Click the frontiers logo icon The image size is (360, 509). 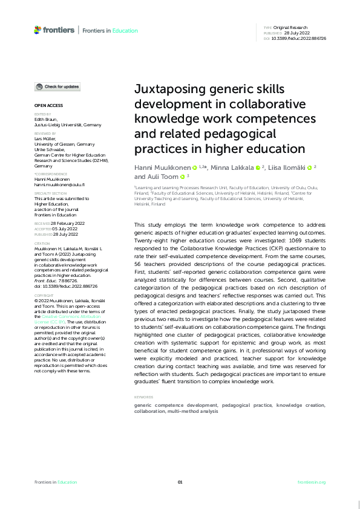38,30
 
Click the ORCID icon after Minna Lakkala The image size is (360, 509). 257,167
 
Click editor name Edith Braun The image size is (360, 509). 45,119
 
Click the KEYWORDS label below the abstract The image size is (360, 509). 144,397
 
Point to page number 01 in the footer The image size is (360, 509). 180,482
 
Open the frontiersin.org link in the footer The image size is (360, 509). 312,482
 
